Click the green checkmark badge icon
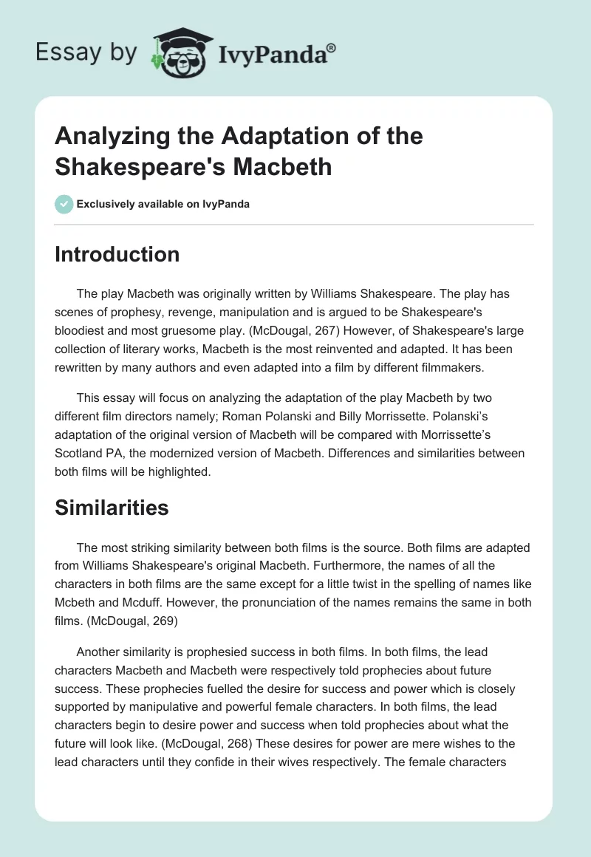tap(64, 204)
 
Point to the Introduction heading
tap(117, 254)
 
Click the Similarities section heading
tap(112, 508)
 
